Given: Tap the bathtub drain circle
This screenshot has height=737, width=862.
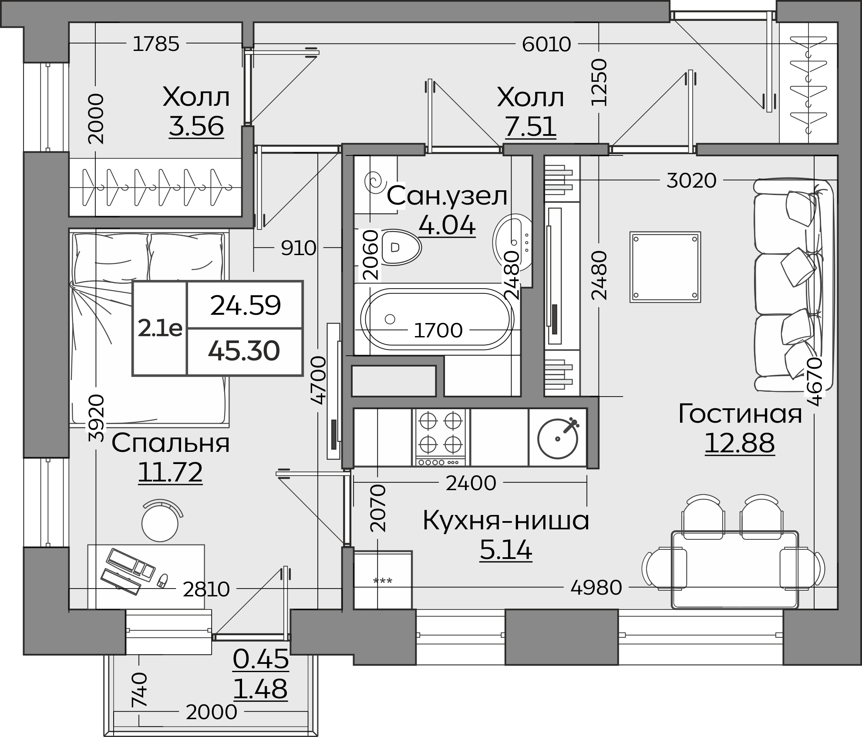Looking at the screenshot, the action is pos(390,319).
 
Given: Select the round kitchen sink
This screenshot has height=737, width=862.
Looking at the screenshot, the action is pos(558,438).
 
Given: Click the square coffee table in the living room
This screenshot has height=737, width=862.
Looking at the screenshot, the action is pos(665,267).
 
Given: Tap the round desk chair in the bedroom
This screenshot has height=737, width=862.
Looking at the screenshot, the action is pos(161,521).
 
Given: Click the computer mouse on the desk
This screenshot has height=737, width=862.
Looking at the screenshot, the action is pos(162,580).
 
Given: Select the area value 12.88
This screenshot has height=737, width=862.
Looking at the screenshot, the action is pos(740,443).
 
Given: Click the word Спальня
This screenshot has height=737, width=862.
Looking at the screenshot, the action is pos(171,443).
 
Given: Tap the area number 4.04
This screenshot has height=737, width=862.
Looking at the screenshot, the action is pos(447,225).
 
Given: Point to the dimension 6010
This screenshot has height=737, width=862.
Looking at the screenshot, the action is pos(546,44).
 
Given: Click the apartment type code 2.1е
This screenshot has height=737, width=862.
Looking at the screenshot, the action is pos(160,329).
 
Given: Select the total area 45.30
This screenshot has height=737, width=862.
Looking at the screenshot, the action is pos(244,351).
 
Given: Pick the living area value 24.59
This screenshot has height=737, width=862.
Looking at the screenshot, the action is pos(245,305).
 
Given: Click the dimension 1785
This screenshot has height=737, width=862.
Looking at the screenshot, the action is pos(156,44).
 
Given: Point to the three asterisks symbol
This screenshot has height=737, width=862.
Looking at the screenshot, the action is pos(383,581).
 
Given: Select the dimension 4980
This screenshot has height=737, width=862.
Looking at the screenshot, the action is pos(596,588).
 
